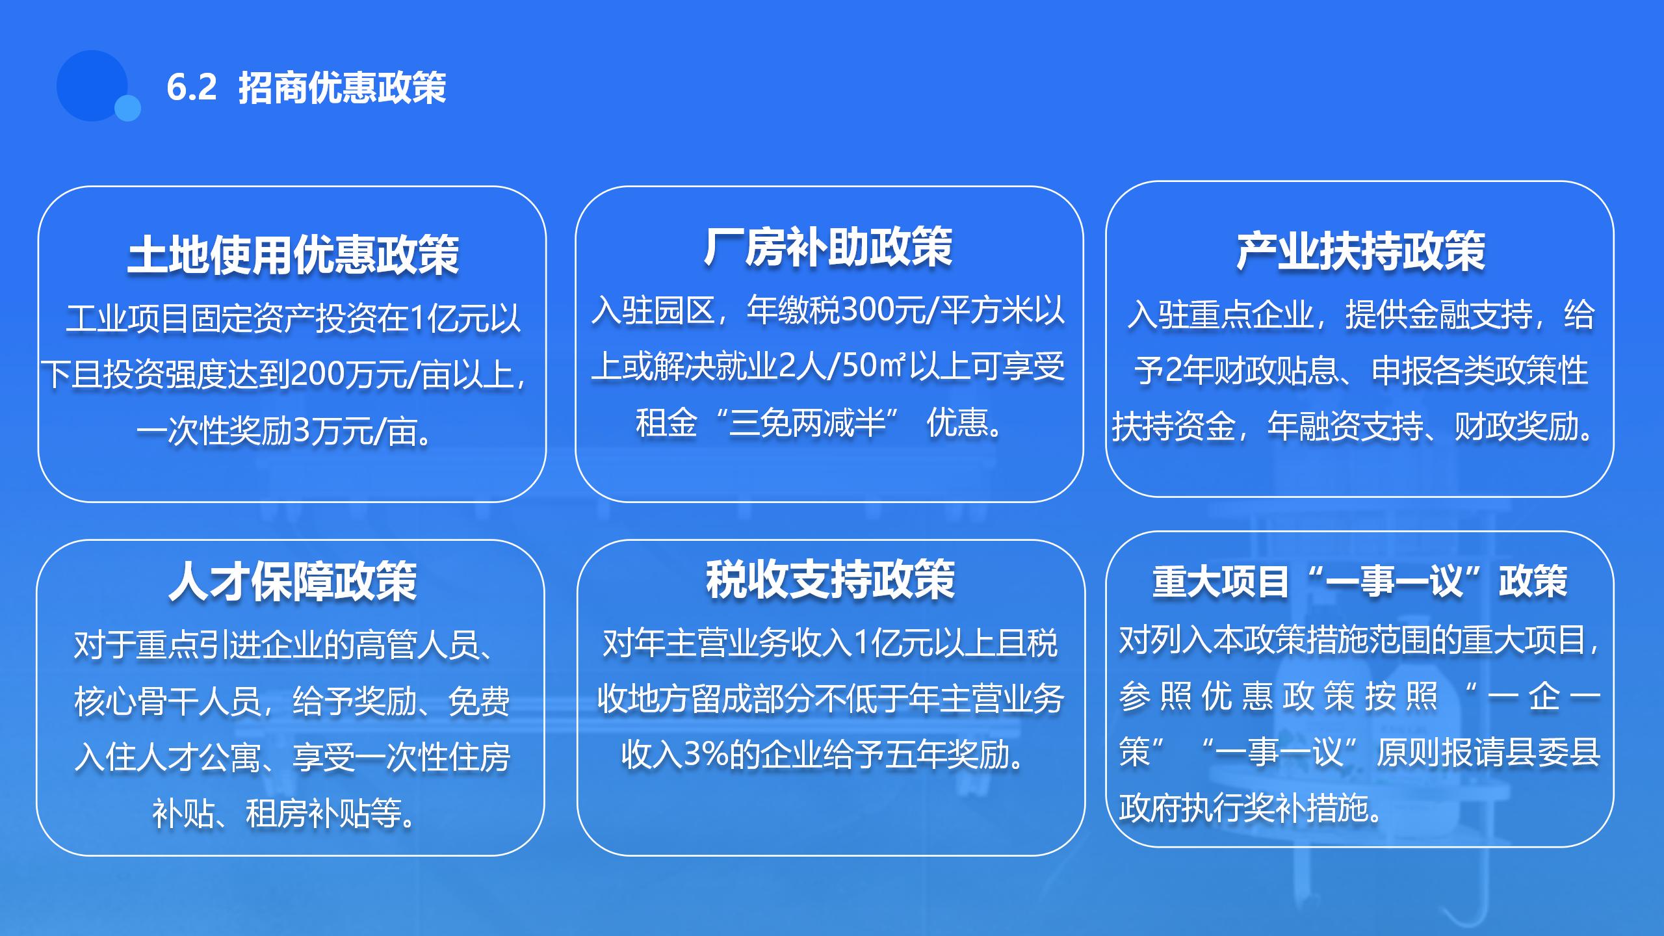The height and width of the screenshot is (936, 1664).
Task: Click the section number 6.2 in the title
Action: point(191,87)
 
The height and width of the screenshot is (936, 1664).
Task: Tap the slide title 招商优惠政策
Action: point(343,87)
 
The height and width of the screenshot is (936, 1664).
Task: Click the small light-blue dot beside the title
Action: point(127,108)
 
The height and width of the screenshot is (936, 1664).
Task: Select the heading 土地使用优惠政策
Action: point(292,254)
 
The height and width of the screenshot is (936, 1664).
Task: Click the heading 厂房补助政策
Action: point(828,247)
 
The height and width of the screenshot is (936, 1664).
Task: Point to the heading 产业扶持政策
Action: point(1360,252)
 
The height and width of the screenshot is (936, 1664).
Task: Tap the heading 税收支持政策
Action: point(831,579)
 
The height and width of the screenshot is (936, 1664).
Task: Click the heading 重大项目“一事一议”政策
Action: point(1360,581)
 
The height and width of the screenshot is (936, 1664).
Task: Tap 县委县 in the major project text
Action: point(1553,753)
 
